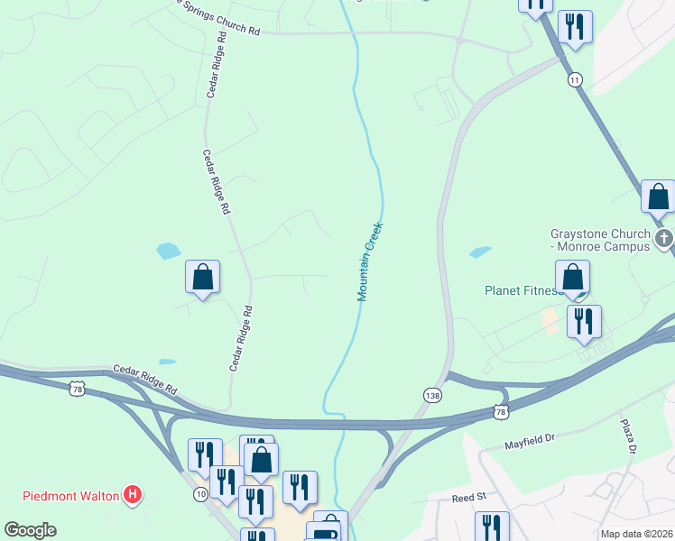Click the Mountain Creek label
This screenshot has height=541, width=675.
click(370, 261)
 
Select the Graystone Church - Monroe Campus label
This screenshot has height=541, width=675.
click(600, 240)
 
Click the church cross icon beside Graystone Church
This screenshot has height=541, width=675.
click(665, 239)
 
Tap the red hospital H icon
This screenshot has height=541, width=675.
click(134, 494)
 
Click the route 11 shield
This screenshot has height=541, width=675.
click(575, 80)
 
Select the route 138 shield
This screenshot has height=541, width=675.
click(432, 395)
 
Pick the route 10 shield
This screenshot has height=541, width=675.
click(199, 495)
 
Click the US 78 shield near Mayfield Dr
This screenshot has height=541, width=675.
click(501, 411)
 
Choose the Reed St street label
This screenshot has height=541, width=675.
click(468, 497)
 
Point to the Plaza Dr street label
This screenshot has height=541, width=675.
click(628, 436)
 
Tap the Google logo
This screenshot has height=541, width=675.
click(30, 530)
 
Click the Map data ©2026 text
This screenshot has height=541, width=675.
click(637, 534)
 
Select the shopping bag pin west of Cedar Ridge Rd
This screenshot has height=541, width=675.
click(203, 277)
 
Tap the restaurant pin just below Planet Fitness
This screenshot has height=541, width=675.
click(584, 321)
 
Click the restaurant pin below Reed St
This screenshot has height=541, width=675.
click(492, 527)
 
